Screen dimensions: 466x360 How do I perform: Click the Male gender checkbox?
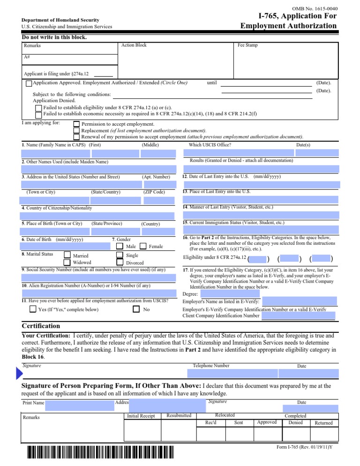click(x=120, y=246)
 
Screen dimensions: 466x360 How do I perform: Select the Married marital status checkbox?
click(x=67, y=256)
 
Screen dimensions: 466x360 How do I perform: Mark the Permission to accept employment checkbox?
click(x=76, y=124)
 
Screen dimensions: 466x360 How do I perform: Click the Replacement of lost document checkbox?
click(x=76, y=130)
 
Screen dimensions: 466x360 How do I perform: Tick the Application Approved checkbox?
click(x=29, y=83)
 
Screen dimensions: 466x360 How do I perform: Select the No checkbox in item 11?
click(x=136, y=309)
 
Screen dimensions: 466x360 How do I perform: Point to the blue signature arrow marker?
click(x=19, y=374)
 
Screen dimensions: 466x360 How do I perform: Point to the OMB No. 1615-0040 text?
click(x=315, y=8)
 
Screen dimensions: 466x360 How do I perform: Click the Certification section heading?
click(x=41, y=326)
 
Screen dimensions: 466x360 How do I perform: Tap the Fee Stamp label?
click(x=247, y=45)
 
